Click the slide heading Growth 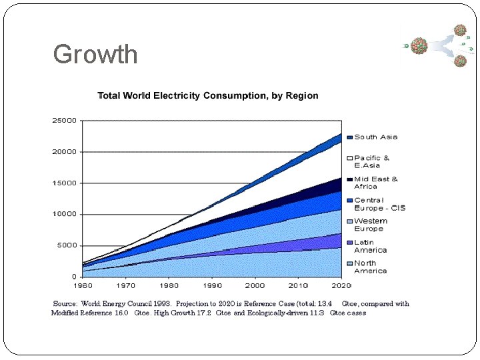[x=95, y=54]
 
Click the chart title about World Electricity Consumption [x=208, y=95]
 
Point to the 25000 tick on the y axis [x=64, y=121]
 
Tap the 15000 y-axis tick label [x=64, y=183]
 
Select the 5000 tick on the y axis [x=66, y=245]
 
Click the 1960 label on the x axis [x=83, y=285]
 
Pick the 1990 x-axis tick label [x=212, y=285]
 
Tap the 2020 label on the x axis [x=341, y=285]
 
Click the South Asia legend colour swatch [x=349, y=137]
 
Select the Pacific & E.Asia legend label [x=372, y=161]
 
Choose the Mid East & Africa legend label [x=376, y=183]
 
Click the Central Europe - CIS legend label [x=379, y=204]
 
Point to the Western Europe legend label [x=371, y=225]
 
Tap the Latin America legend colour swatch [x=349, y=243]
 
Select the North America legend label [x=371, y=267]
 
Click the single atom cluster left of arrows [x=419, y=45]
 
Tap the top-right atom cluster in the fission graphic [x=459, y=30]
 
